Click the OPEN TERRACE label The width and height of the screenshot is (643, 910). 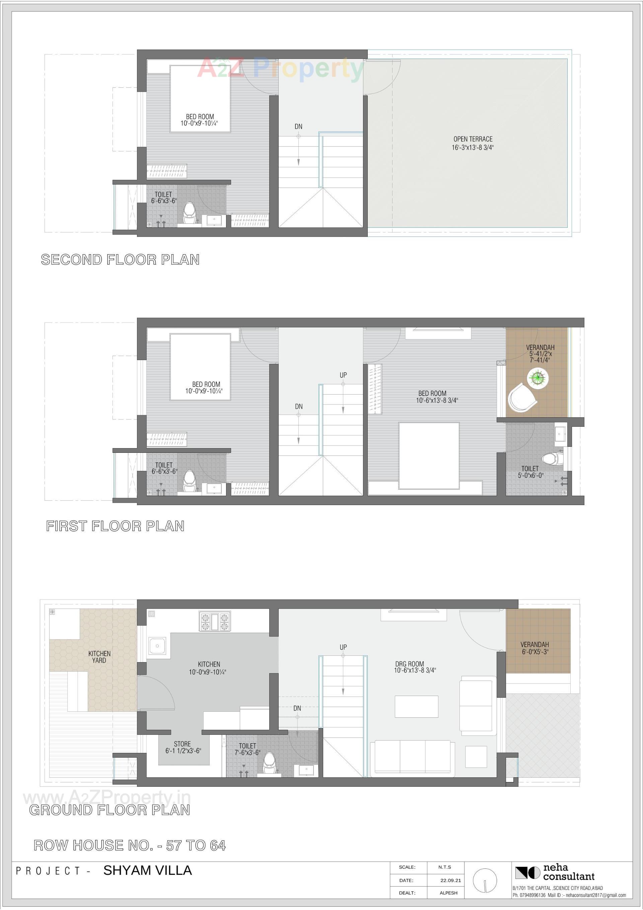click(473, 143)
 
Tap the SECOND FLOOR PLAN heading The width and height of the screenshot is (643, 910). click(120, 260)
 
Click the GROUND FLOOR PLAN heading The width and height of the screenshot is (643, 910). click(110, 810)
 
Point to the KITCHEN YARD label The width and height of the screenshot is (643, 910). click(99, 657)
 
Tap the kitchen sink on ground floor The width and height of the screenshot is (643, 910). click(157, 646)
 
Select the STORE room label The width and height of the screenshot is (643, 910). click(183, 747)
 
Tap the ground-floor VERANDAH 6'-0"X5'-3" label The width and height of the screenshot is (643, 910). click(534, 648)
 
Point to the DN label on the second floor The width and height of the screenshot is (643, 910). click(298, 126)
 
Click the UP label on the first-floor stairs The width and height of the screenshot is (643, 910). click(343, 375)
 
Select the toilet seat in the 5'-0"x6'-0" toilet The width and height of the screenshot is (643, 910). click(552, 459)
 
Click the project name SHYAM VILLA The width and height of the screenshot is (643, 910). click(147, 870)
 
